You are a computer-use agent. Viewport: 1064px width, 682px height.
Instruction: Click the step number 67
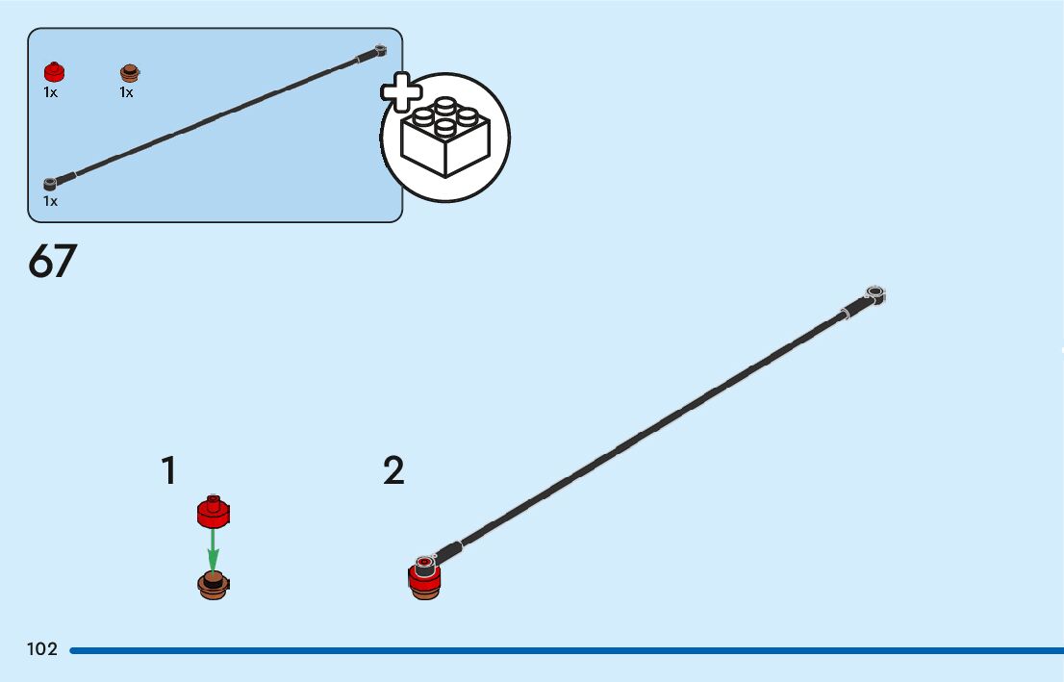53,262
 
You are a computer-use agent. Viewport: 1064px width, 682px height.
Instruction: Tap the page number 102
42,650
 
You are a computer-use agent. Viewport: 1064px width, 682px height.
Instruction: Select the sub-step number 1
169,471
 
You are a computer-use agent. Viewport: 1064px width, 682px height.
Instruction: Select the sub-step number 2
393,471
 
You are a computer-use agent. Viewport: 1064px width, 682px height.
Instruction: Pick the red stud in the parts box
54,72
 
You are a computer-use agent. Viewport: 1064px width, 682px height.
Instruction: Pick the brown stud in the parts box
130,73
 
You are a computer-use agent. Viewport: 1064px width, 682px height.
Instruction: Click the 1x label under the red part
50,93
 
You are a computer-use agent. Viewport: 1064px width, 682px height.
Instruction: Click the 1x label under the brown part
126,93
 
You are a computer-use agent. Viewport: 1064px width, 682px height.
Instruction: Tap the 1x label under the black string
50,202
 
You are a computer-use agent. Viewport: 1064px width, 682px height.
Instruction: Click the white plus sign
402,93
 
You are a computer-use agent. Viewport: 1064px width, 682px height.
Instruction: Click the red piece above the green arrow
215,512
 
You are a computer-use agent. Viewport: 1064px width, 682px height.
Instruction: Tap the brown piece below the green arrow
214,584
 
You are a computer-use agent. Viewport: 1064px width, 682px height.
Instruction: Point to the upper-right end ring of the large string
874,292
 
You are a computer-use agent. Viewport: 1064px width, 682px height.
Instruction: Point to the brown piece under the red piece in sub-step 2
425,593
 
